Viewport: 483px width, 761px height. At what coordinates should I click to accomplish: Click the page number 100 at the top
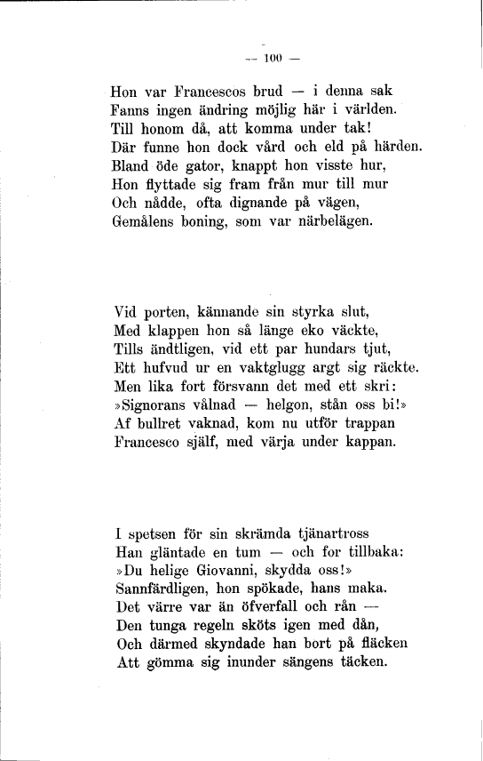[x=266, y=60]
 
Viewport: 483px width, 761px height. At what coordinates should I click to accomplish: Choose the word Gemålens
[x=146, y=220]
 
